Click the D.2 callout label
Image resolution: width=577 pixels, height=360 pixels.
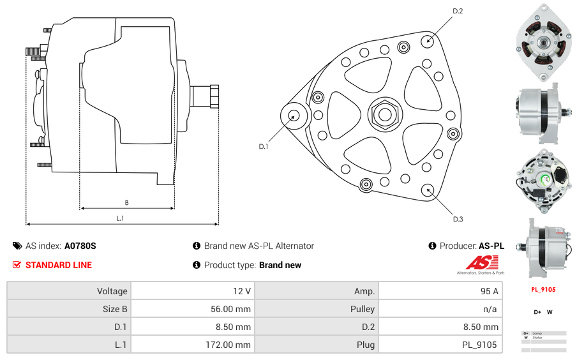coord(458,11)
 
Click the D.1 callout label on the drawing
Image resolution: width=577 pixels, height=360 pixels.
coord(263,146)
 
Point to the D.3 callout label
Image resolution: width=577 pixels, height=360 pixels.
coord(458,219)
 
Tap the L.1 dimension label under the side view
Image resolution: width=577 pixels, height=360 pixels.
coord(120,218)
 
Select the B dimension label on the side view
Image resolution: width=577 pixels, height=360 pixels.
coord(126,203)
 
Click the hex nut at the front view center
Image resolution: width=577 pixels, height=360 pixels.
coord(384,114)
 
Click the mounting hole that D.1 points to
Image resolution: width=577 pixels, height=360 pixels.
coord(294,116)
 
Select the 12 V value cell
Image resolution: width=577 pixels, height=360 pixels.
coord(191,291)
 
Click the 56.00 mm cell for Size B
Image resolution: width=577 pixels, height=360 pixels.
coord(191,309)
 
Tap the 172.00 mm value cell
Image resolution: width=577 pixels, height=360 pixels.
coord(191,345)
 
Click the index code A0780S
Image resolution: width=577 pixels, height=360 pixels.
coord(80,246)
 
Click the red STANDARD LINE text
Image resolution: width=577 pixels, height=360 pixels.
coord(59,265)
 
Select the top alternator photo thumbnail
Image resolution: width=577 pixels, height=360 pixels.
coord(543,43)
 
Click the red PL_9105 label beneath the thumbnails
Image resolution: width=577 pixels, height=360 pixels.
coord(543,289)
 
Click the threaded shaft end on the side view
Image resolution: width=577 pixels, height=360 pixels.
coord(206,96)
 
